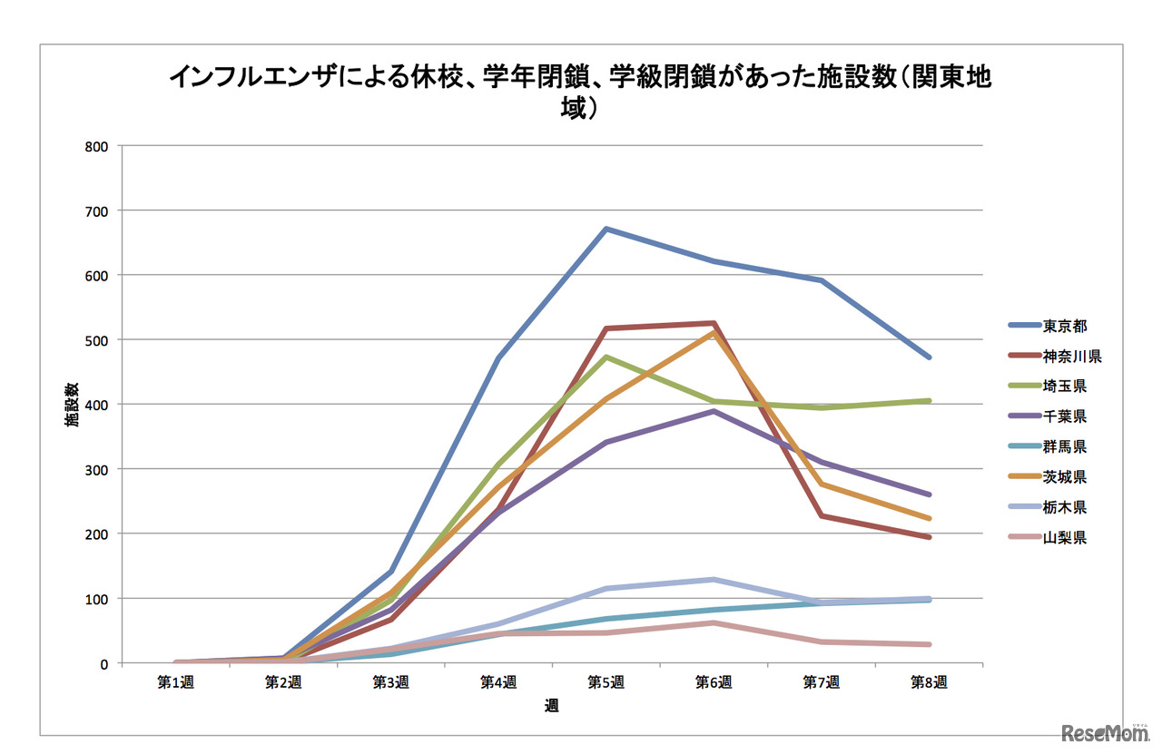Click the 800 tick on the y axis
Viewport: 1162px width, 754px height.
pos(96,146)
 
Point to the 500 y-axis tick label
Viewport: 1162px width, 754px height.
pos(96,340)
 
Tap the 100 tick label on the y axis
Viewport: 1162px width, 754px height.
pos(96,599)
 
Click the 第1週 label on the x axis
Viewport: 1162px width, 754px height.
pos(176,683)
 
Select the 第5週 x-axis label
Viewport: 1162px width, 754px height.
pos(606,683)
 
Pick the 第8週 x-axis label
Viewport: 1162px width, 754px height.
pos(929,683)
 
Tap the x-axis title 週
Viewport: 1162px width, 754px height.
pos(552,705)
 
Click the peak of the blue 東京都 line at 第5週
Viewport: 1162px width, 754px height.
pos(606,229)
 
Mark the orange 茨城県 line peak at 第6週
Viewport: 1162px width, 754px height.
pos(714,333)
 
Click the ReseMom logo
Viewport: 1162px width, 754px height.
pos(1099,732)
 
